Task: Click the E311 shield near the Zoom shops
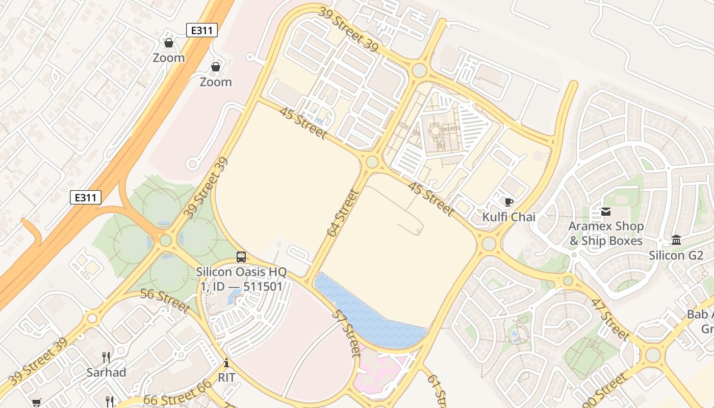click(202, 31)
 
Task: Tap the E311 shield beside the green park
click(85, 197)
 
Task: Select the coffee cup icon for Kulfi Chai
click(508, 202)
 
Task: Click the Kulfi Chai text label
click(508, 217)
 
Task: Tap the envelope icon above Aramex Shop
click(606, 212)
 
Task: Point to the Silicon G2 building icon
click(676, 240)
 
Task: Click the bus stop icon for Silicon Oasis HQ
click(241, 257)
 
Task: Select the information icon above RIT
click(226, 363)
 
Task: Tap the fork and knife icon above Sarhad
click(106, 357)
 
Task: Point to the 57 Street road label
click(346, 333)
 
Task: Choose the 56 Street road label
click(165, 301)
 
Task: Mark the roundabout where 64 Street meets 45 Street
click(372, 162)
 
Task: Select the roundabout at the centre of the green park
click(166, 240)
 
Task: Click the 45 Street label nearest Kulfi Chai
click(431, 198)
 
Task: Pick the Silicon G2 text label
click(676, 256)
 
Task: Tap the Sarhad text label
click(106, 372)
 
